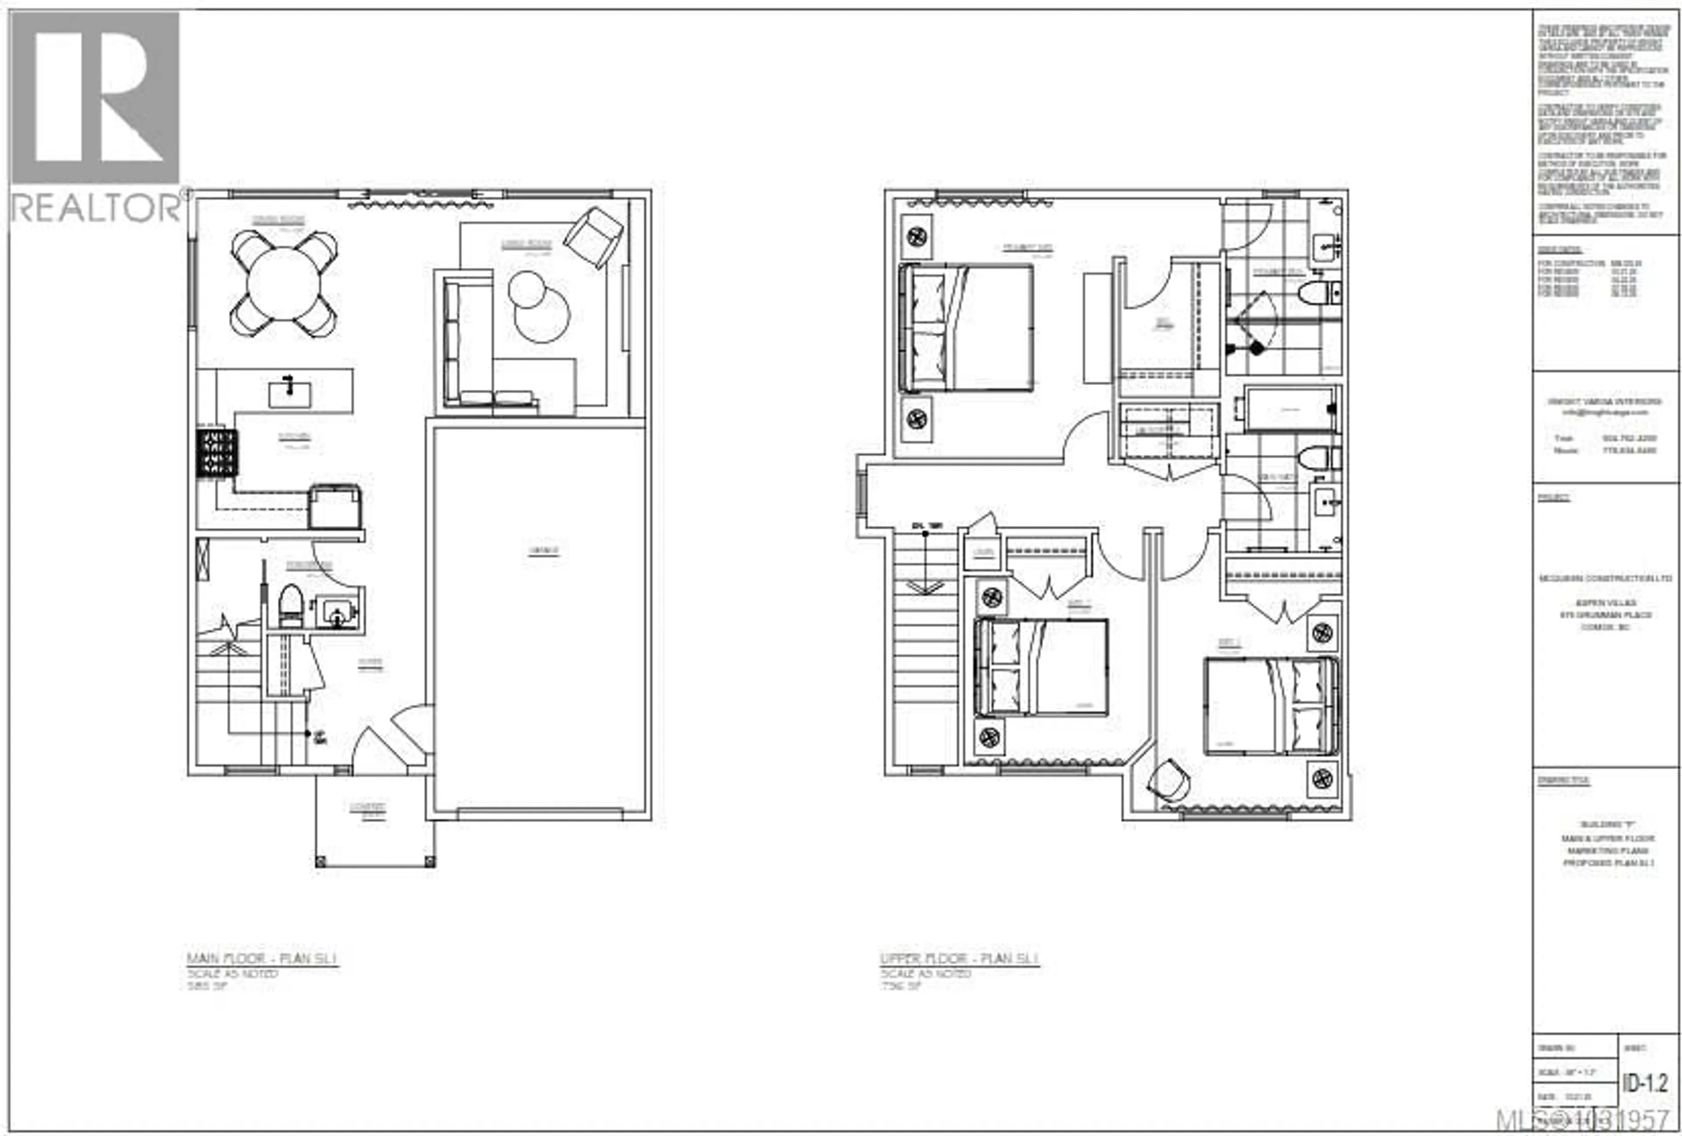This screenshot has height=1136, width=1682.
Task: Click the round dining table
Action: pos(284,283)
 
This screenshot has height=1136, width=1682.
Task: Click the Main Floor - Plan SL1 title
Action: pos(262,959)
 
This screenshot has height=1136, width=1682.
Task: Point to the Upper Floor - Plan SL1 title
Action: pos(960,959)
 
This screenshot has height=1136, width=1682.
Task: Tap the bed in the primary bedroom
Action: pos(966,328)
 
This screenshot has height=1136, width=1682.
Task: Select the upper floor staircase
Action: pos(925,644)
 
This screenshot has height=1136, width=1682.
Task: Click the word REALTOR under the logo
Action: pos(97,208)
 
